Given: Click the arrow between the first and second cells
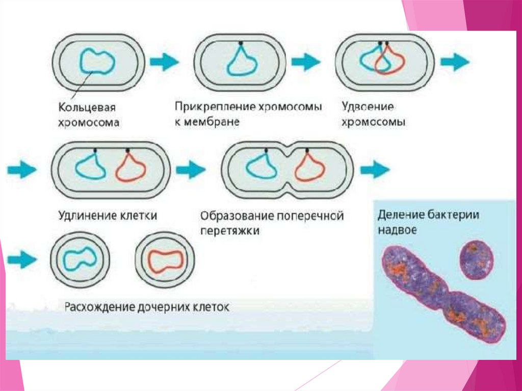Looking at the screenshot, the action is (164, 62).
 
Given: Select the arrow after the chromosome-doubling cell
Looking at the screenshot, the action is (455, 62).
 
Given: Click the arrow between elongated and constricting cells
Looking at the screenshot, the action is (191, 169).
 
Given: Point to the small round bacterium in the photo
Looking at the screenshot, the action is (477, 259).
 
